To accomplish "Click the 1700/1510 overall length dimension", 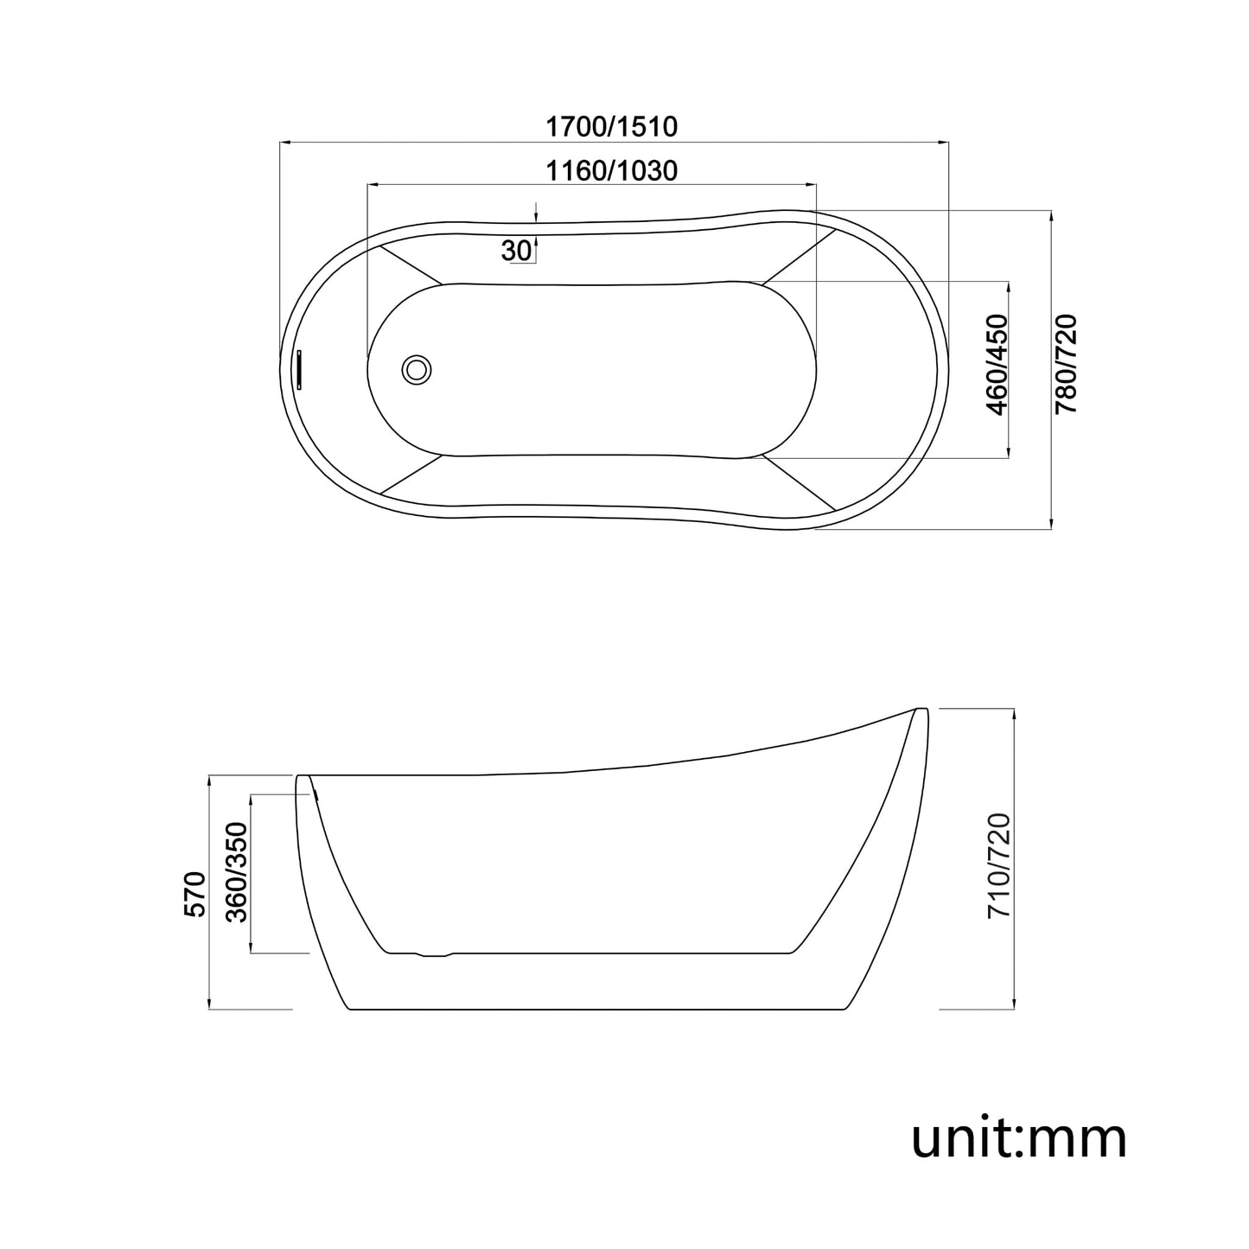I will point(611,127).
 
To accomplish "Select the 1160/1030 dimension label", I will point(611,171).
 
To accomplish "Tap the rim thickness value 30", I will point(516,251).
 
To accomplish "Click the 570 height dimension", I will point(195,894).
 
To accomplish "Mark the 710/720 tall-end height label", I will point(999,866).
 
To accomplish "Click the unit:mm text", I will point(1019,1138).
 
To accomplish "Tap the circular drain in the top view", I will point(417,370).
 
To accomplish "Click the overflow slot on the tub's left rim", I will point(298,370).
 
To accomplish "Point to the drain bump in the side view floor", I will point(434,954).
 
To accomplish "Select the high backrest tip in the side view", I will point(920,711).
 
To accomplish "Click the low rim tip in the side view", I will point(303,777).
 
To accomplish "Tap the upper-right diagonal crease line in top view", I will point(799,254).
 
